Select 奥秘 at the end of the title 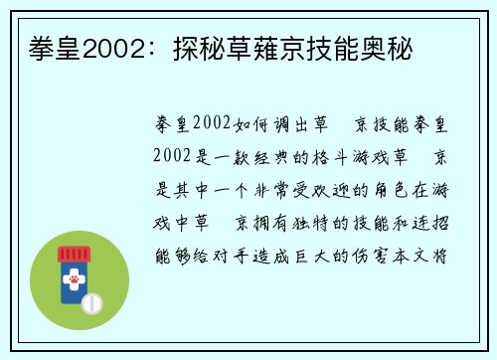pos(387,47)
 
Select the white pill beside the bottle pos(90,301)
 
